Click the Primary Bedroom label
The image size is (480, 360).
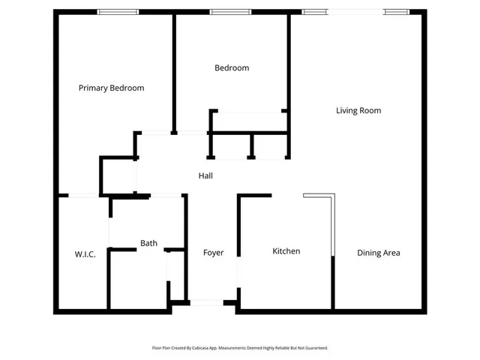(111, 88)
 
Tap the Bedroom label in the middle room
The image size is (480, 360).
(231, 68)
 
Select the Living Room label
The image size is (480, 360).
(358, 110)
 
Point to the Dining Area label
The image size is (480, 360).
(378, 253)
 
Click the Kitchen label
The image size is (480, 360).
(286, 251)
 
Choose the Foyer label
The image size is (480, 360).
(213, 253)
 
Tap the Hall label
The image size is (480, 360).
(205, 175)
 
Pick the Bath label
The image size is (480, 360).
(148, 243)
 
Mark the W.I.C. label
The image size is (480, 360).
(85, 254)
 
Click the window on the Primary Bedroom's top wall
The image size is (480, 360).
(118, 11)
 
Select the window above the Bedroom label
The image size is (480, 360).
(230, 11)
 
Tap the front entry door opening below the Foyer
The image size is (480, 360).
(207, 302)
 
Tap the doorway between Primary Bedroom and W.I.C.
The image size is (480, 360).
(82, 196)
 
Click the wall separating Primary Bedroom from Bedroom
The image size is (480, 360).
(174, 71)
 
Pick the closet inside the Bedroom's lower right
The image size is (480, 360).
(248, 121)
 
